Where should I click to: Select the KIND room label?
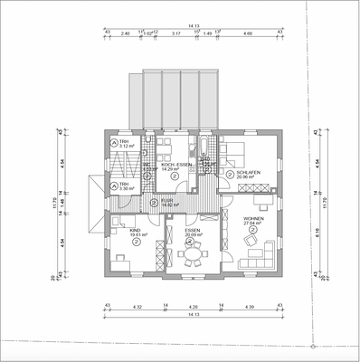[136, 231]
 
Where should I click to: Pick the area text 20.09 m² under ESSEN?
[192, 236]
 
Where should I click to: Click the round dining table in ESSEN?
[192, 256]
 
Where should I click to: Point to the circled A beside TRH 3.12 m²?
[113, 143]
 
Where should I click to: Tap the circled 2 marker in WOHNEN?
[252, 230]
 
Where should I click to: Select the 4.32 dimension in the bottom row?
[137, 309]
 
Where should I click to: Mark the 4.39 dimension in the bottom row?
[250, 309]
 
